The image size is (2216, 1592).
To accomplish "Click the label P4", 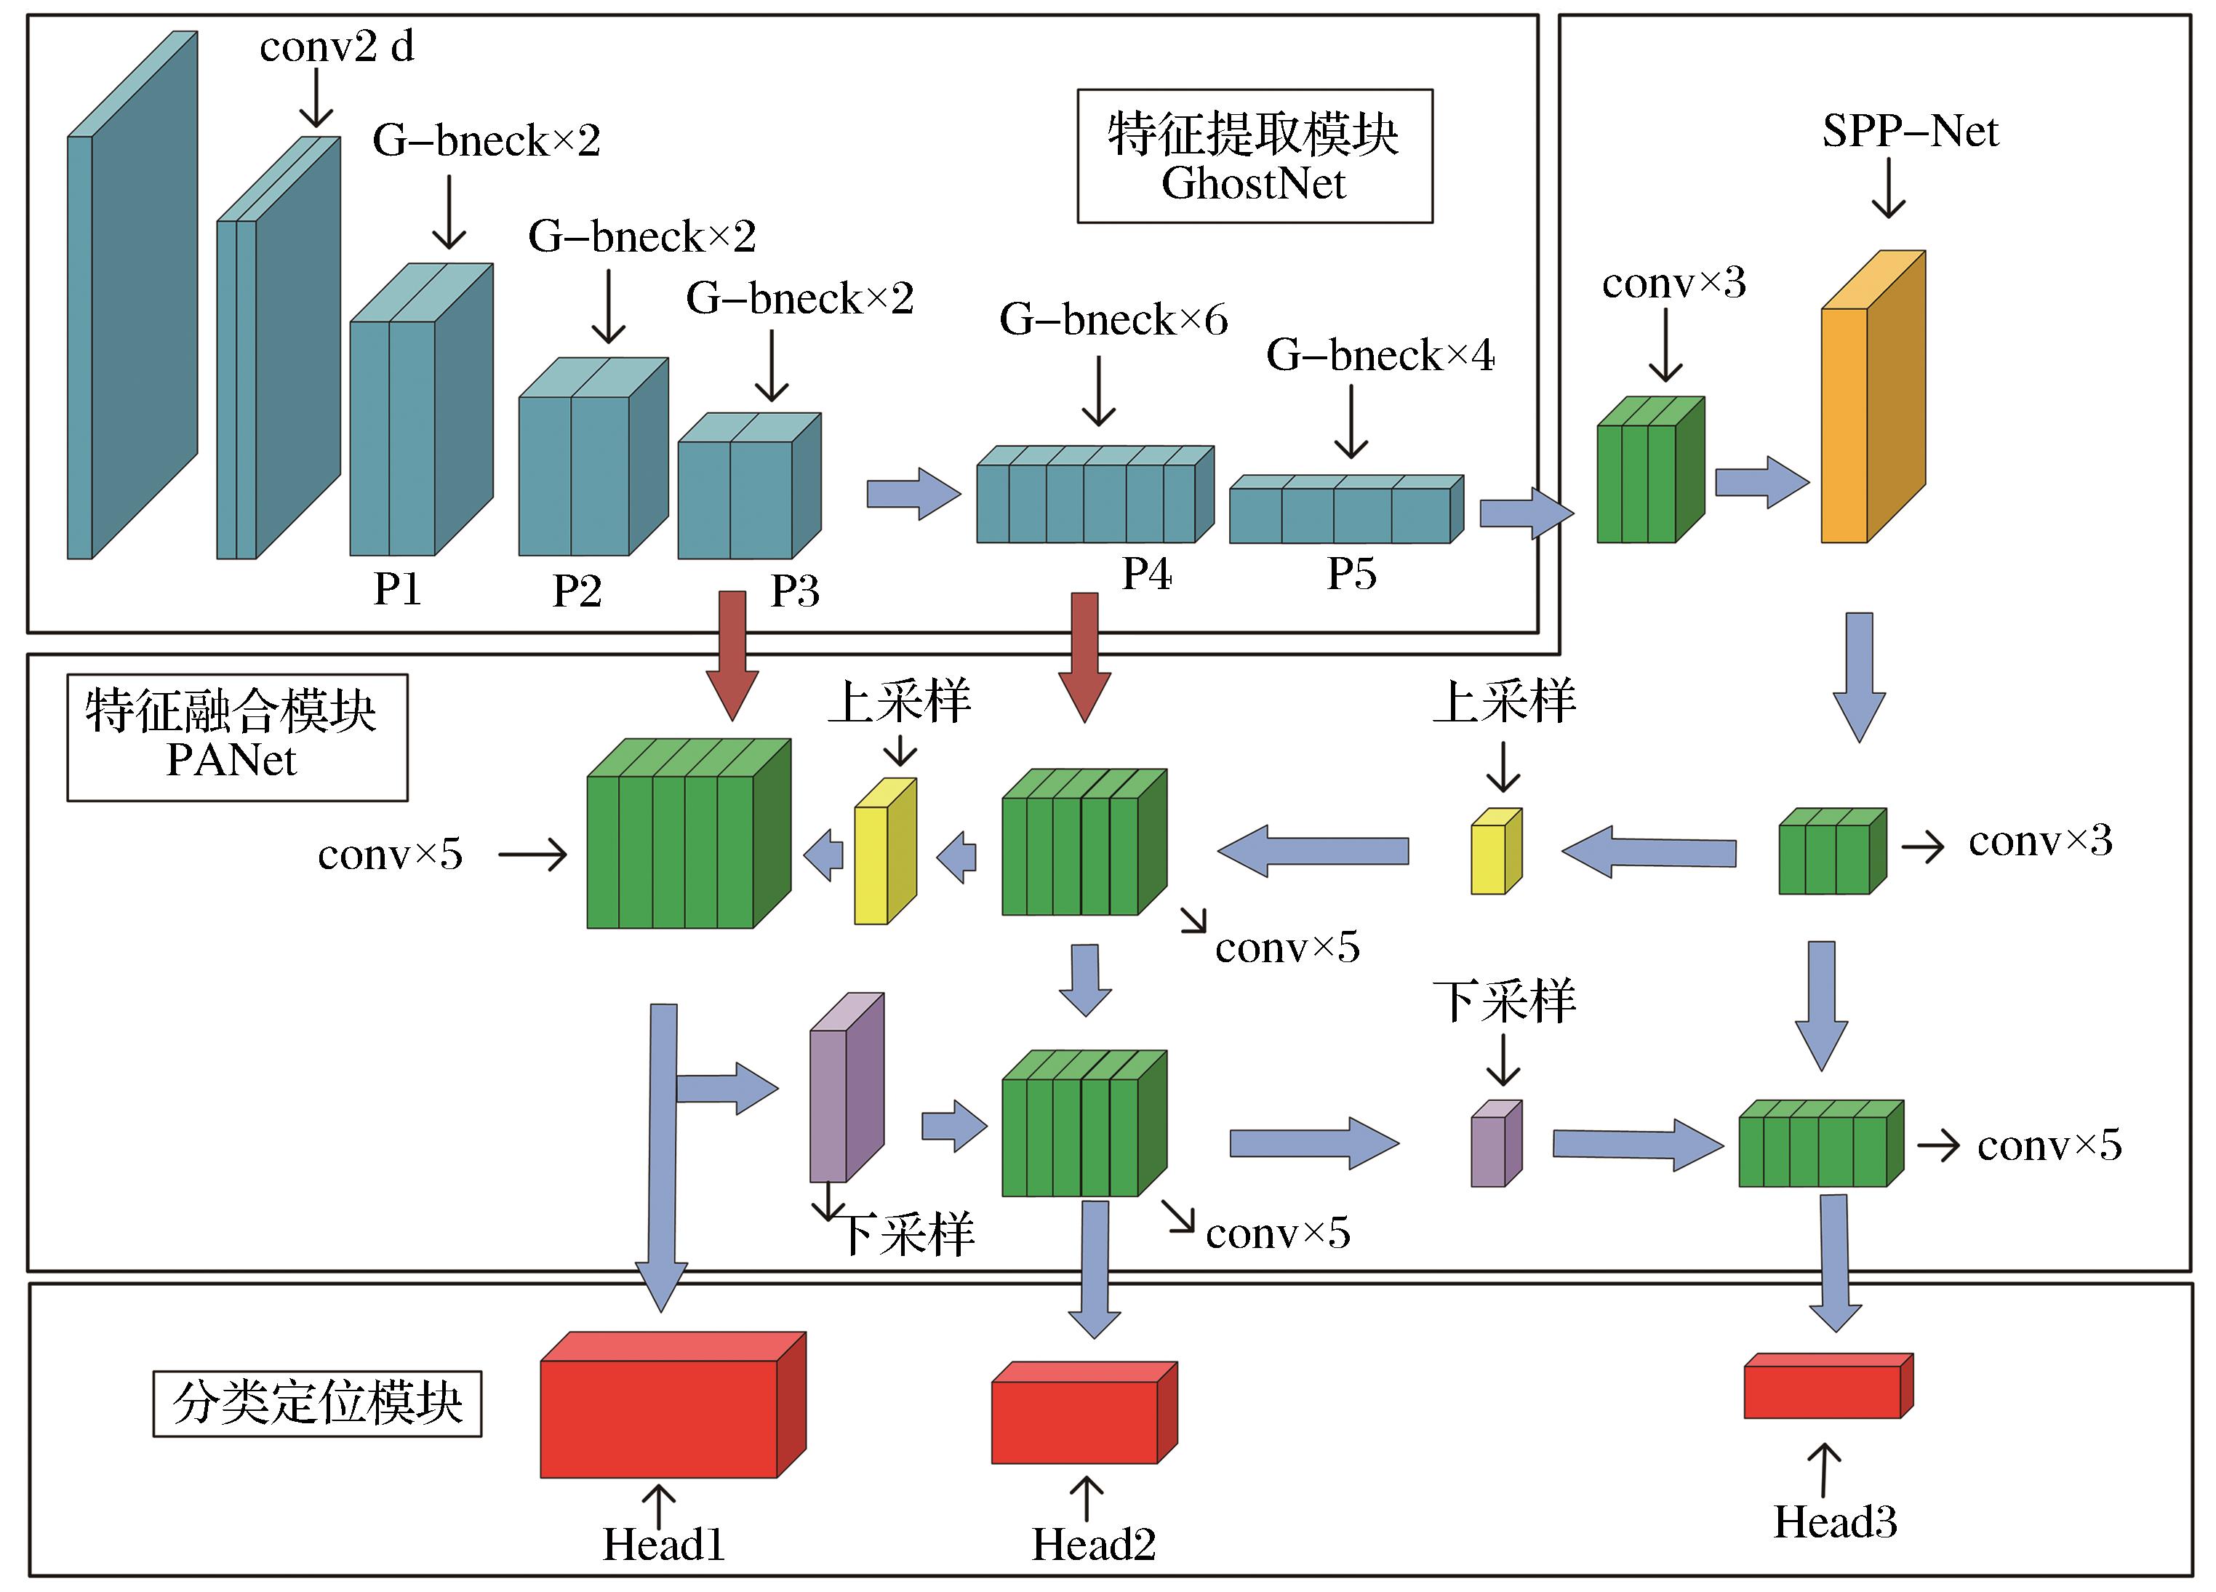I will pos(1146,575).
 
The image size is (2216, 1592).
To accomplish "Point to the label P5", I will pos(1351,575).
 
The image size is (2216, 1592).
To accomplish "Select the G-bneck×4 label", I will pos(1380,355).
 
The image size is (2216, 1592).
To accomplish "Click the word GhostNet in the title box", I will pos(1254,184).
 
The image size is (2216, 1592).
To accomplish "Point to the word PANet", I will pos(231,760).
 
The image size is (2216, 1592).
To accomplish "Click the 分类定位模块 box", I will pos(318,1404).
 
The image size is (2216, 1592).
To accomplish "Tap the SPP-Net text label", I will pos(1910,131).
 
